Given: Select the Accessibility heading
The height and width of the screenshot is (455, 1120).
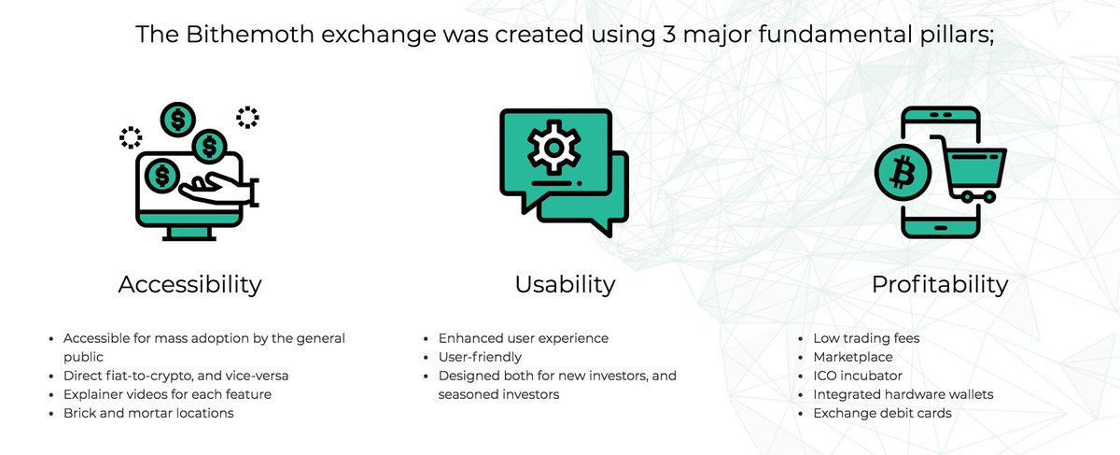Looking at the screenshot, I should (x=189, y=284).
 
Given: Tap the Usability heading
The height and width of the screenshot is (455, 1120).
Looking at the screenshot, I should (x=565, y=284).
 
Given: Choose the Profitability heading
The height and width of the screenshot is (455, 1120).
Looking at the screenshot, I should (x=940, y=284).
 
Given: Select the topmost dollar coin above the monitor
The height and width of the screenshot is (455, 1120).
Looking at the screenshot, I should (x=177, y=119).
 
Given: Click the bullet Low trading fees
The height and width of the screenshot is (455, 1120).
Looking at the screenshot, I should (x=866, y=338).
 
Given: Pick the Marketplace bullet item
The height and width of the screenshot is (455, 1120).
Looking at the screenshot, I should (x=853, y=357).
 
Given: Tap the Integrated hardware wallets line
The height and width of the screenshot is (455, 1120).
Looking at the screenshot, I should (x=903, y=394).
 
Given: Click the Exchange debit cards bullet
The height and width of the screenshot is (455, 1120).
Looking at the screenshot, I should (x=882, y=413).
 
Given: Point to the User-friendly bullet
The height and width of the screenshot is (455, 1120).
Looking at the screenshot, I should (x=480, y=357).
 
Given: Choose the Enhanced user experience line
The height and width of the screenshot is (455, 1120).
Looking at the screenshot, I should (x=523, y=338).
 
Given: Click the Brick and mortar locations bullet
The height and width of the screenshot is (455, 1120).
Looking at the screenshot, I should (x=148, y=413).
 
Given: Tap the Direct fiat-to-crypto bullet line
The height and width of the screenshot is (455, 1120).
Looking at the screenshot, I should (x=176, y=376).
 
